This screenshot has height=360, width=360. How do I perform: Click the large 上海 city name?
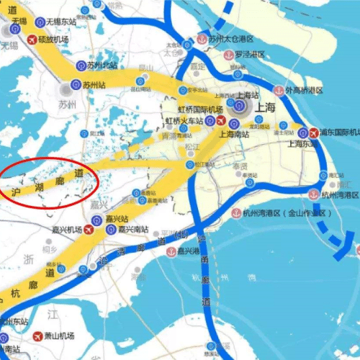pos(265,107)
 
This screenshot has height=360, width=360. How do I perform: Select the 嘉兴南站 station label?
pos(132,229)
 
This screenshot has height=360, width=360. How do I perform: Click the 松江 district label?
pos(192,146)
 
